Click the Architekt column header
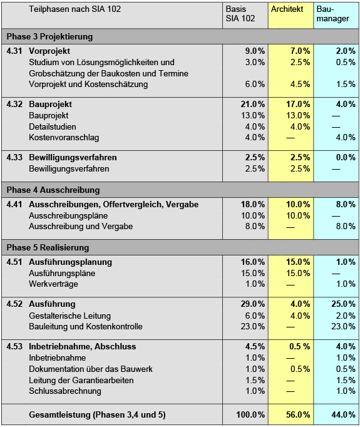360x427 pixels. pos(287,9)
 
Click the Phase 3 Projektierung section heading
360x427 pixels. pos(49,36)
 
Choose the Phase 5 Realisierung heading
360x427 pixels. pos(48,247)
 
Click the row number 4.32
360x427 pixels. pos(14,104)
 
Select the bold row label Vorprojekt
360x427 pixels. pos(49,51)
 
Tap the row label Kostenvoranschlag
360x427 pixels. pos(64,137)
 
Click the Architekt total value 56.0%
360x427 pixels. pos(297,414)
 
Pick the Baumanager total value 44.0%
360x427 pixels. pos(343,414)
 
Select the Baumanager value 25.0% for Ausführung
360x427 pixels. pos(343,304)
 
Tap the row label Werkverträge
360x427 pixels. pos(54,284)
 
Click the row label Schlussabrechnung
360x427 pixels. pos(65,391)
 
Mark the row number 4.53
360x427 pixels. pos(14,346)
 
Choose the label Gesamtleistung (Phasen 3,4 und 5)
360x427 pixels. pos(97,414)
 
